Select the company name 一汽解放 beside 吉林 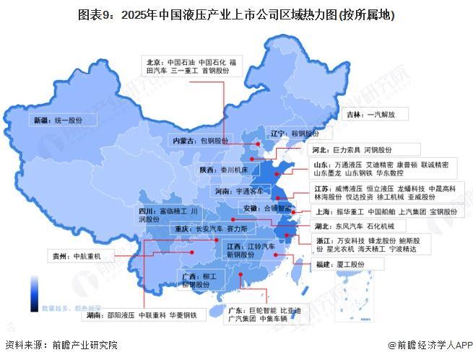(x=387, y=114)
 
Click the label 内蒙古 (x=181, y=141)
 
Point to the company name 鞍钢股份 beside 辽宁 (x=305, y=133)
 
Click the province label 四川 (x=148, y=211)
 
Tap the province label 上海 (x=323, y=212)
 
